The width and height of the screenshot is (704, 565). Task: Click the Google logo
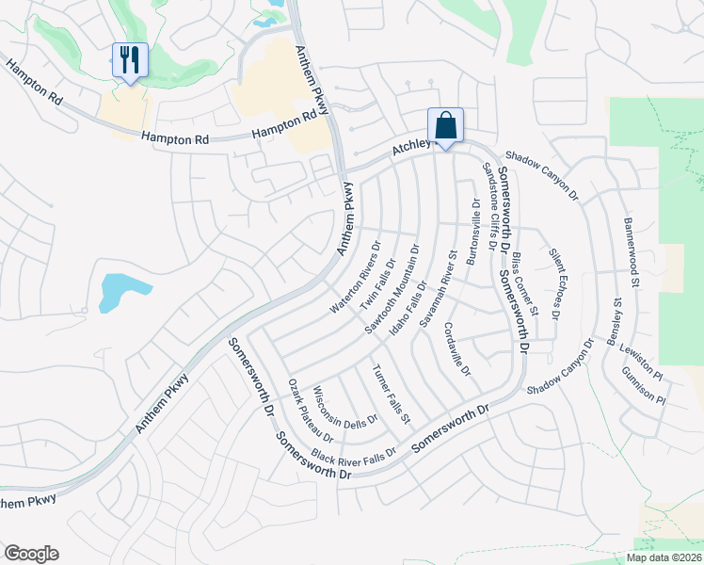[31, 554]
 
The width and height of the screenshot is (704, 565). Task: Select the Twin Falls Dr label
[373, 282]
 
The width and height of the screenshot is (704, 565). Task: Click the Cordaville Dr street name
[456, 347]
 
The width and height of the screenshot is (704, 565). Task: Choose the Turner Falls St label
[391, 393]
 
